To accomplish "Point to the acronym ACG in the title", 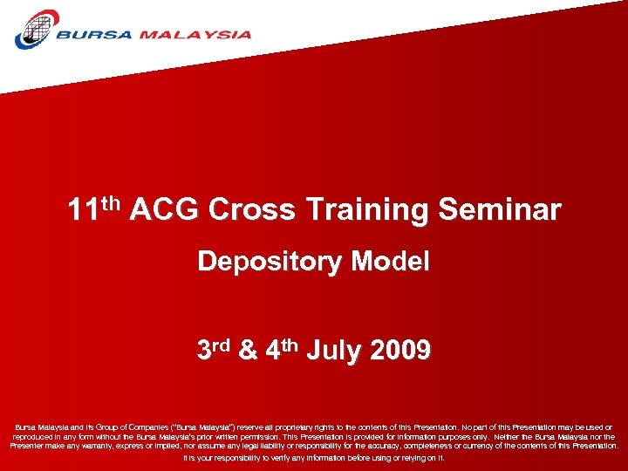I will [x=165, y=210].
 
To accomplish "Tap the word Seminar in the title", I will [x=500, y=210].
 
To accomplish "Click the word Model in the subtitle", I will [x=391, y=261].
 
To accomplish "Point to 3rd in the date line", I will [x=214, y=350].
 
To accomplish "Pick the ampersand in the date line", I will [x=248, y=351].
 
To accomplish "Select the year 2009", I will [x=400, y=351].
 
